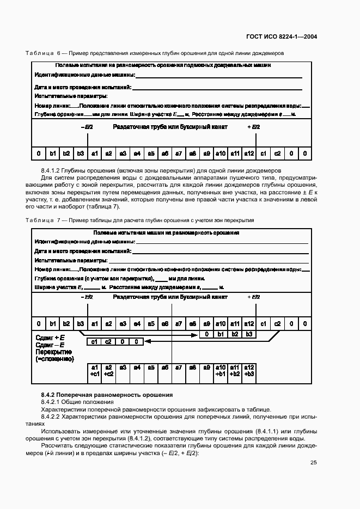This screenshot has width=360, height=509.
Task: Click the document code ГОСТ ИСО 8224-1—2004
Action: [x=283, y=38]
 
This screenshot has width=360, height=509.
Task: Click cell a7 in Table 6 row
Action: [x=179, y=154]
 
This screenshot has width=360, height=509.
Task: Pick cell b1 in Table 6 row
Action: [x=52, y=154]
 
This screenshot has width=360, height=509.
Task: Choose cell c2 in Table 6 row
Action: [x=277, y=154]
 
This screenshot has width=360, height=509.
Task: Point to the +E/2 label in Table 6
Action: [x=254, y=127]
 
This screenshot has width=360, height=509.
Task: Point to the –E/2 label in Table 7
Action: [x=87, y=297]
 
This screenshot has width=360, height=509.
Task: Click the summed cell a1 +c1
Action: [x=94, y=371]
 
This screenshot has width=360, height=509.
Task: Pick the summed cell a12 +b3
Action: [x=249, y=371]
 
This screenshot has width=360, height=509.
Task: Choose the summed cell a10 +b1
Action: [x=221, y=371]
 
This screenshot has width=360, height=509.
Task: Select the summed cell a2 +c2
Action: [x=108, y=371]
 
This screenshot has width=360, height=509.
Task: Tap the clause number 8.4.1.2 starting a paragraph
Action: [x=51, y=170]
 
